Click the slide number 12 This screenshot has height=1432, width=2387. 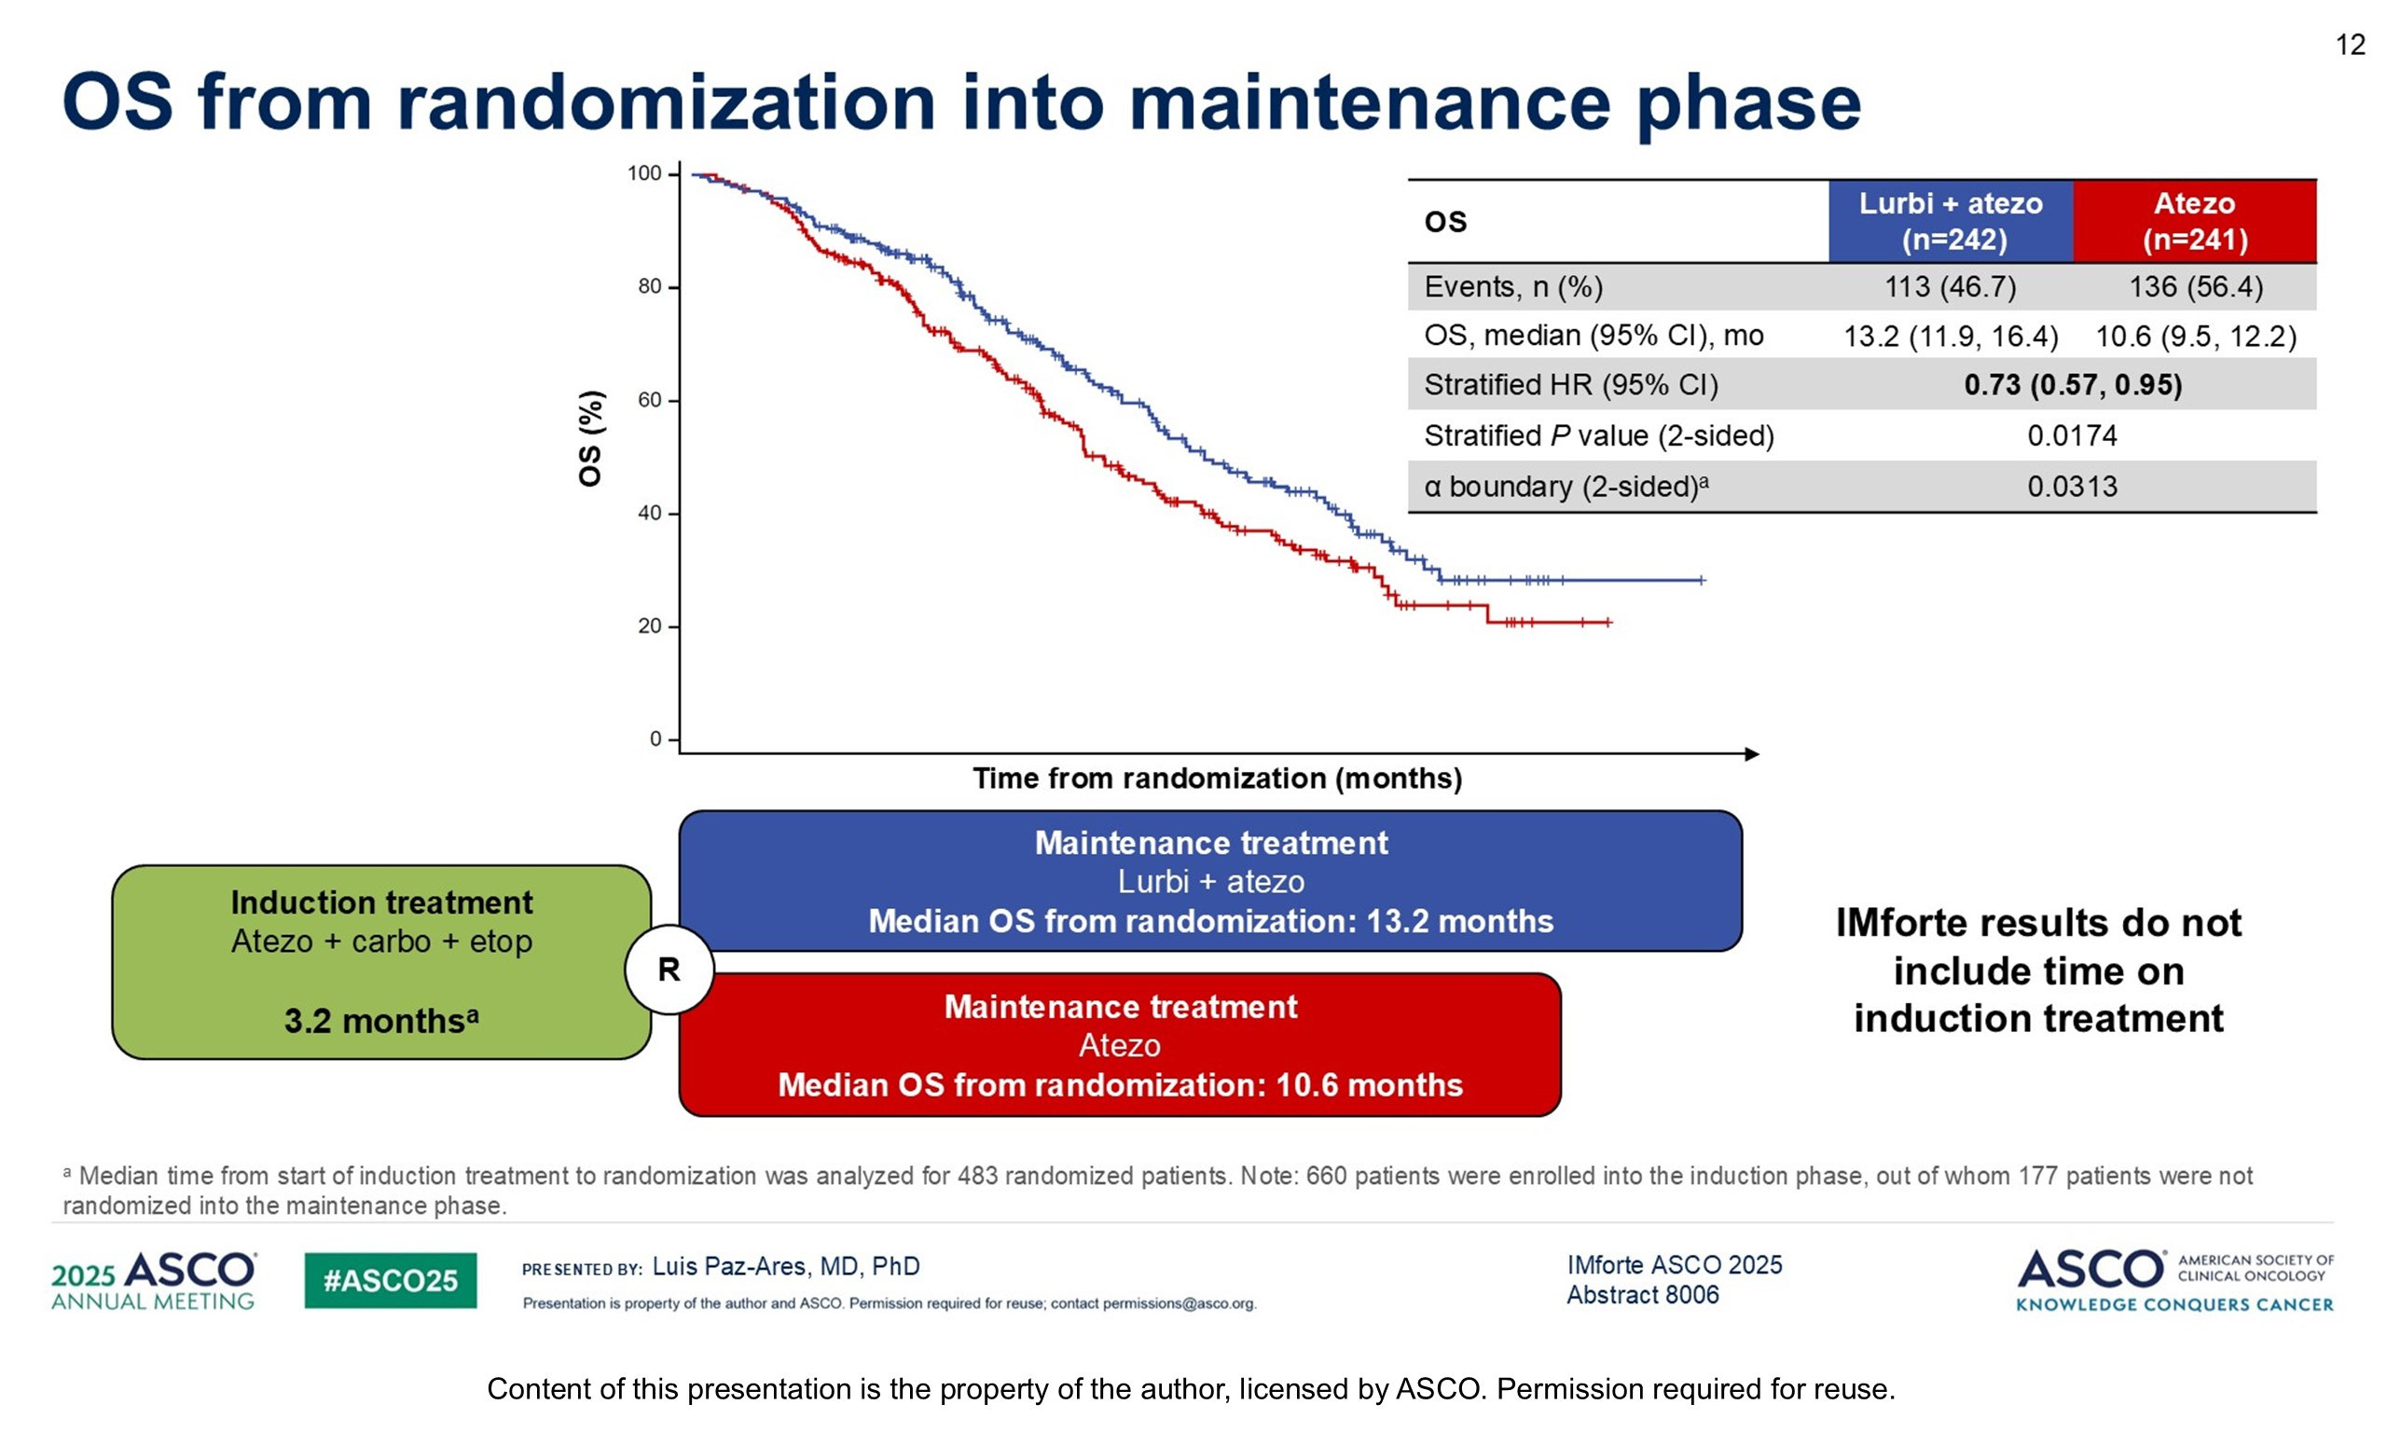point(2350,46)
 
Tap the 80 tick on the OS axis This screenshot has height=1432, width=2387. point(649,286)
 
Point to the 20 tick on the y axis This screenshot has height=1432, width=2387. point(649,626)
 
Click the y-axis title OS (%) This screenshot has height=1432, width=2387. point(590,438)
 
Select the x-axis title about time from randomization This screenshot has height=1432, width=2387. point(1217,778)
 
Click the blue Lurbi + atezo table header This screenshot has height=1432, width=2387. point(1950,221)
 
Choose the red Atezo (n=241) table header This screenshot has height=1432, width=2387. point(2194,221)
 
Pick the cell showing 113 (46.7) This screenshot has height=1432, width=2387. point(1950,286)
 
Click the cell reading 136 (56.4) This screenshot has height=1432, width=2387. point(2195,286)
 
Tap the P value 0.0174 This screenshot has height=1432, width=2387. point(2072,436)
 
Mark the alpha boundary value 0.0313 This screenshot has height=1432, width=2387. point(2072,487)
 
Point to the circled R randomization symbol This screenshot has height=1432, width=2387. point(669,970)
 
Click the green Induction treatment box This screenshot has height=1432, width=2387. point(381,962)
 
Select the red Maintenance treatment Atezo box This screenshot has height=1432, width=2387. point(1119,1045)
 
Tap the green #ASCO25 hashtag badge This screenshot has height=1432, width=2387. point(390,1280)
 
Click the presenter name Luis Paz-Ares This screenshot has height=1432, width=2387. point(785,1266)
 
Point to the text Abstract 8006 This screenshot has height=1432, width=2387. point(1642,1295)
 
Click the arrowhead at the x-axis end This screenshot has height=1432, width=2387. point(1752,753)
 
